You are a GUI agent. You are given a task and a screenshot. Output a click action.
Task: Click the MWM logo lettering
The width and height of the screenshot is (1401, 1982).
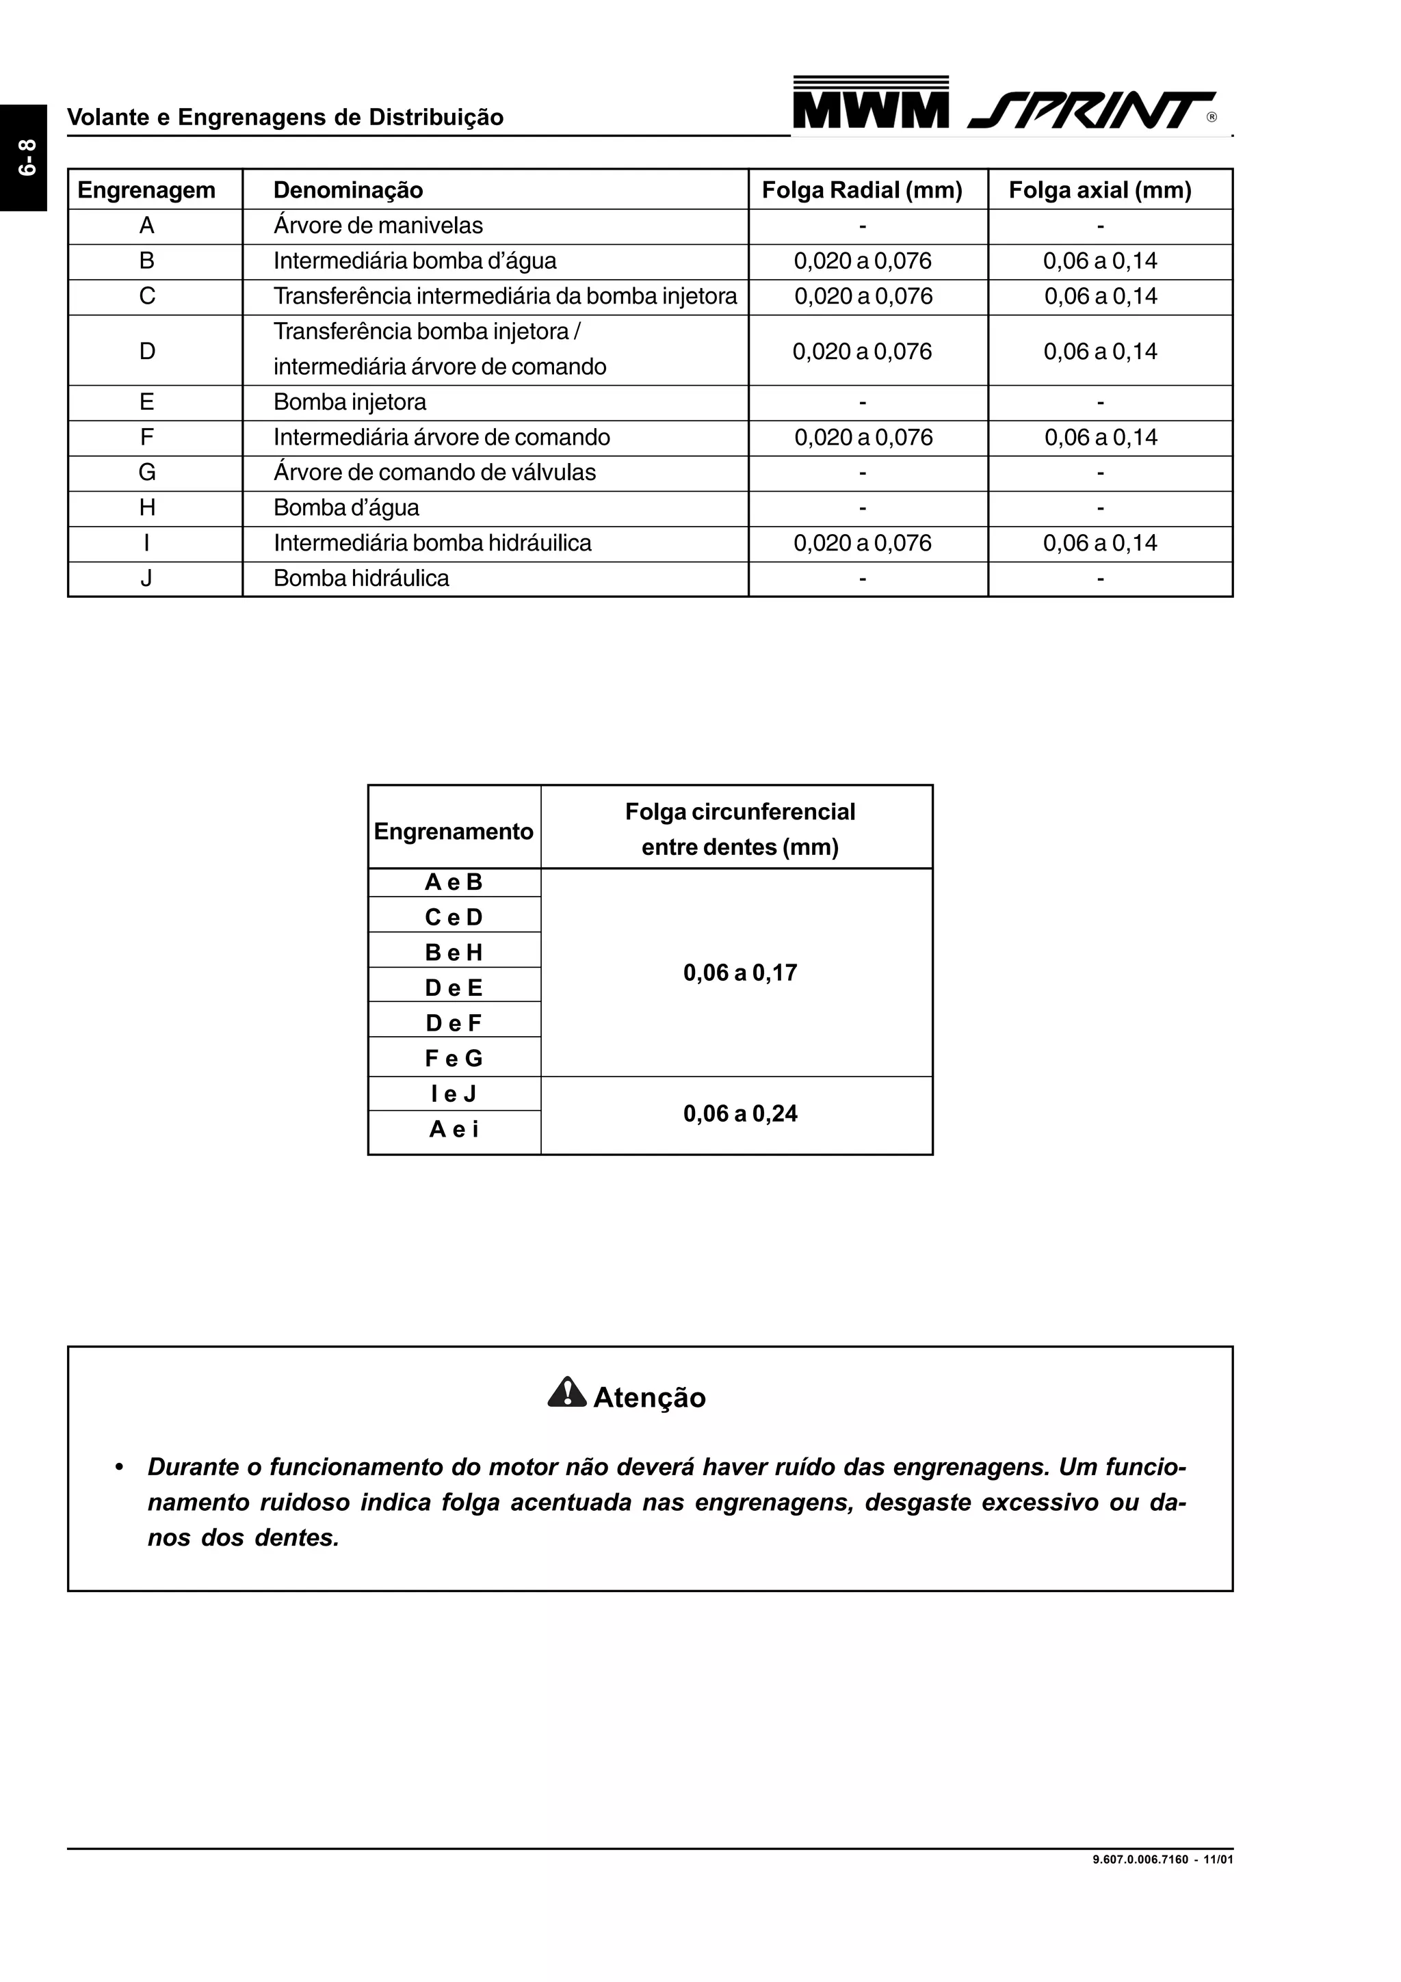pyautogui.click(x=870, y=109)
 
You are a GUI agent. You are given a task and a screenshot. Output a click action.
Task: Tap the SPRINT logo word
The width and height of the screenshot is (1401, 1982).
pyautogui.click(x=1092, y=111)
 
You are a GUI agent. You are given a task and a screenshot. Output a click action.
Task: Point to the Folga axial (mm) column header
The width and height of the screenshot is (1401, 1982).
pyautogui.click(x=1100, y=190)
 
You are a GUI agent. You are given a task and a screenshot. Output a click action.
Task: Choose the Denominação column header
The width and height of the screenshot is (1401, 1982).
pyautogui.click(x=348, y=190)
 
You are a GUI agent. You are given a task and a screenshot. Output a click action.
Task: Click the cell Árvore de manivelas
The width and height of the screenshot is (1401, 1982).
pyautogui.click(x=378, y=225)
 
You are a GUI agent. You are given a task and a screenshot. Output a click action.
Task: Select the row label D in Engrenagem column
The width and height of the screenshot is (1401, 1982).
pyautogui.click(x=147, y=350)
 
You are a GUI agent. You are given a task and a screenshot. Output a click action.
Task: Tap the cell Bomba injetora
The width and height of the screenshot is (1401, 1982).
pyautogui.click(x=350, y=402)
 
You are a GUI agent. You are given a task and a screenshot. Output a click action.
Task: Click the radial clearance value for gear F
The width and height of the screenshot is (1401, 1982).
pyautogui.click(x=863, y=438)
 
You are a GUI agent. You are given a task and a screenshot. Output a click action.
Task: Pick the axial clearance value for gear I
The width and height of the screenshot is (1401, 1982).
pyautogui.click(x=1100, y=543)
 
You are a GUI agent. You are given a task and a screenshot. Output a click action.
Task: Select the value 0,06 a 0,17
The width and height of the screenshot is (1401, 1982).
pyautogui.click(x=739, y=973)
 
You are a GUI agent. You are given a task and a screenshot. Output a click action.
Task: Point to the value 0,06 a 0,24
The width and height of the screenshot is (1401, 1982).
pyautogui.click(x=739, y=1113)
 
